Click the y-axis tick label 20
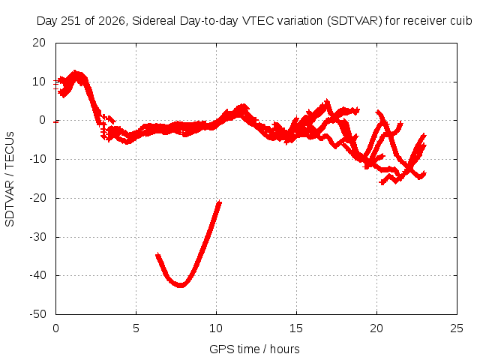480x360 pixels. point(39,43)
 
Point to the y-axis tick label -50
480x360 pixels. point(37,314)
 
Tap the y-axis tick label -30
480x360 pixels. point(37,237)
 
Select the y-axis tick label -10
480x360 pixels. point(37,159)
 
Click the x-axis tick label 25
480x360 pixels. point(457,328)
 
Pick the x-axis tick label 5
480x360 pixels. point(136,328)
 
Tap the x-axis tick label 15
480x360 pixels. point(296,328)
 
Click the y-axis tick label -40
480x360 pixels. point(37,275)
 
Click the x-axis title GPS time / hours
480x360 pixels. point(254,349)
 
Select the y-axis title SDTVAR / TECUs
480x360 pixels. point(10,179)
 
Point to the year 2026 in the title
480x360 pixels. point(112,21)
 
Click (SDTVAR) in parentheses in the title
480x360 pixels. point(355,21)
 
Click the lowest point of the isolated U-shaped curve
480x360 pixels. point(181,285)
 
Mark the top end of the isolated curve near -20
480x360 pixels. point(219,202)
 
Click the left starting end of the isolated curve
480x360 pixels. point(157,255)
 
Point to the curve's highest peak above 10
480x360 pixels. point(75,72)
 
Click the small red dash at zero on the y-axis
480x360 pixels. point(55,122)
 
